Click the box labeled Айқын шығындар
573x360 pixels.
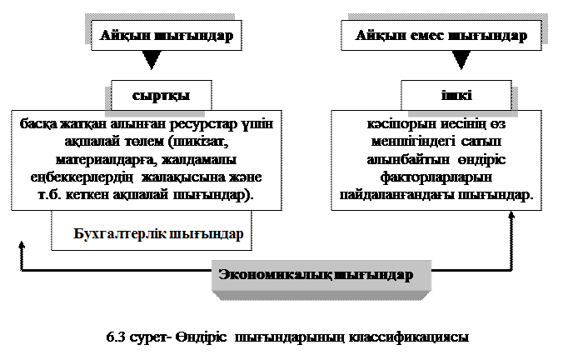167,36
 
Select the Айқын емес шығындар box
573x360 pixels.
441,36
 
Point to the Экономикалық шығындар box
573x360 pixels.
316,275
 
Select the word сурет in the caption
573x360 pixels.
150,337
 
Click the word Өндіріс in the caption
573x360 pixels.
203,337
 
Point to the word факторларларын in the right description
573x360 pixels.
437,177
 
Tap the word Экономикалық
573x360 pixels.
274,275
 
